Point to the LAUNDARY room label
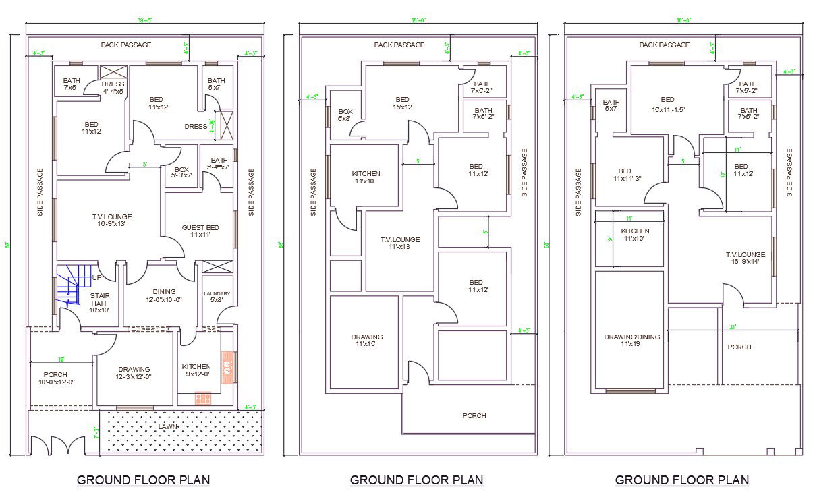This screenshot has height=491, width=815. (217, 297)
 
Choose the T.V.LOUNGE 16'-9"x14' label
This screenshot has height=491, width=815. (746, 258)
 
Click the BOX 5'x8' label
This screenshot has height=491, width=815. (345, 115)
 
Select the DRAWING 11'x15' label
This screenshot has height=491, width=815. (366, 341)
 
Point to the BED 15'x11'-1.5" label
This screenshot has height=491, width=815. (667, 104)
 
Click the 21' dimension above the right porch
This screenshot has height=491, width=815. (733, 327)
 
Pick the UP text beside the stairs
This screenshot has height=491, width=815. (97, 277)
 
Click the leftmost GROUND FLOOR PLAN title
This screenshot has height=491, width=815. (143, 480)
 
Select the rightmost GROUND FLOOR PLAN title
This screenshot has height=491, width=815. (681, 480)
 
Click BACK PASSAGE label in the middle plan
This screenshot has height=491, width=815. (399, 45)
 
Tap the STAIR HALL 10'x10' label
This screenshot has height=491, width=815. (100, 303)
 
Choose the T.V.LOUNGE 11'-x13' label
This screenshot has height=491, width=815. (399, 243)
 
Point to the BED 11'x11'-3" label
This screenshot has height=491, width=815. (627, 175)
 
